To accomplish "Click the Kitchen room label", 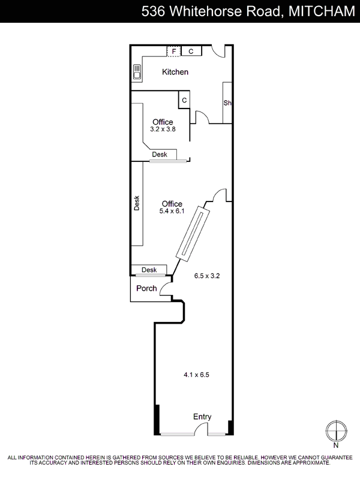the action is click(x=175, y=72).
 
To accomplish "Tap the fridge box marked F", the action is click(x=173, y=51).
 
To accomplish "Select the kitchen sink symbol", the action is click(x=137, y=72).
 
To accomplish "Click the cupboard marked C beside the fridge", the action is click(x=191, y=51).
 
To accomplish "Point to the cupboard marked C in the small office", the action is click(x=184, y=100).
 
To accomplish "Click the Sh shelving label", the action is click(x=227, y=103).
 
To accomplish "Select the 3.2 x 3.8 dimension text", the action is click(x=163, y=129).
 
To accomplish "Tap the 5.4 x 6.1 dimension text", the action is click(x=172, y=211).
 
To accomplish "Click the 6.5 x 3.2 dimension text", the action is click(x=207, y=276).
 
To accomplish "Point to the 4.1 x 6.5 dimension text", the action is click(x=196, y=375).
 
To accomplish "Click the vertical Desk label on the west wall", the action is click(x=137, y=203).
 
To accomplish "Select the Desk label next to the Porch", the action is click(x=149, y=270).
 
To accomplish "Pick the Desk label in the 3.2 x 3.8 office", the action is click(x=160, y=155).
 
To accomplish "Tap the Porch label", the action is click(x=146, y=288).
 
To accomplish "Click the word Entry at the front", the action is click(x=202, y=417).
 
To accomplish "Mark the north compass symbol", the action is click(x=336, y=431).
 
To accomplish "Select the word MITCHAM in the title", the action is click(x=322, y=11).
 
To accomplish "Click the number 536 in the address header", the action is click(x=153, y=11).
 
